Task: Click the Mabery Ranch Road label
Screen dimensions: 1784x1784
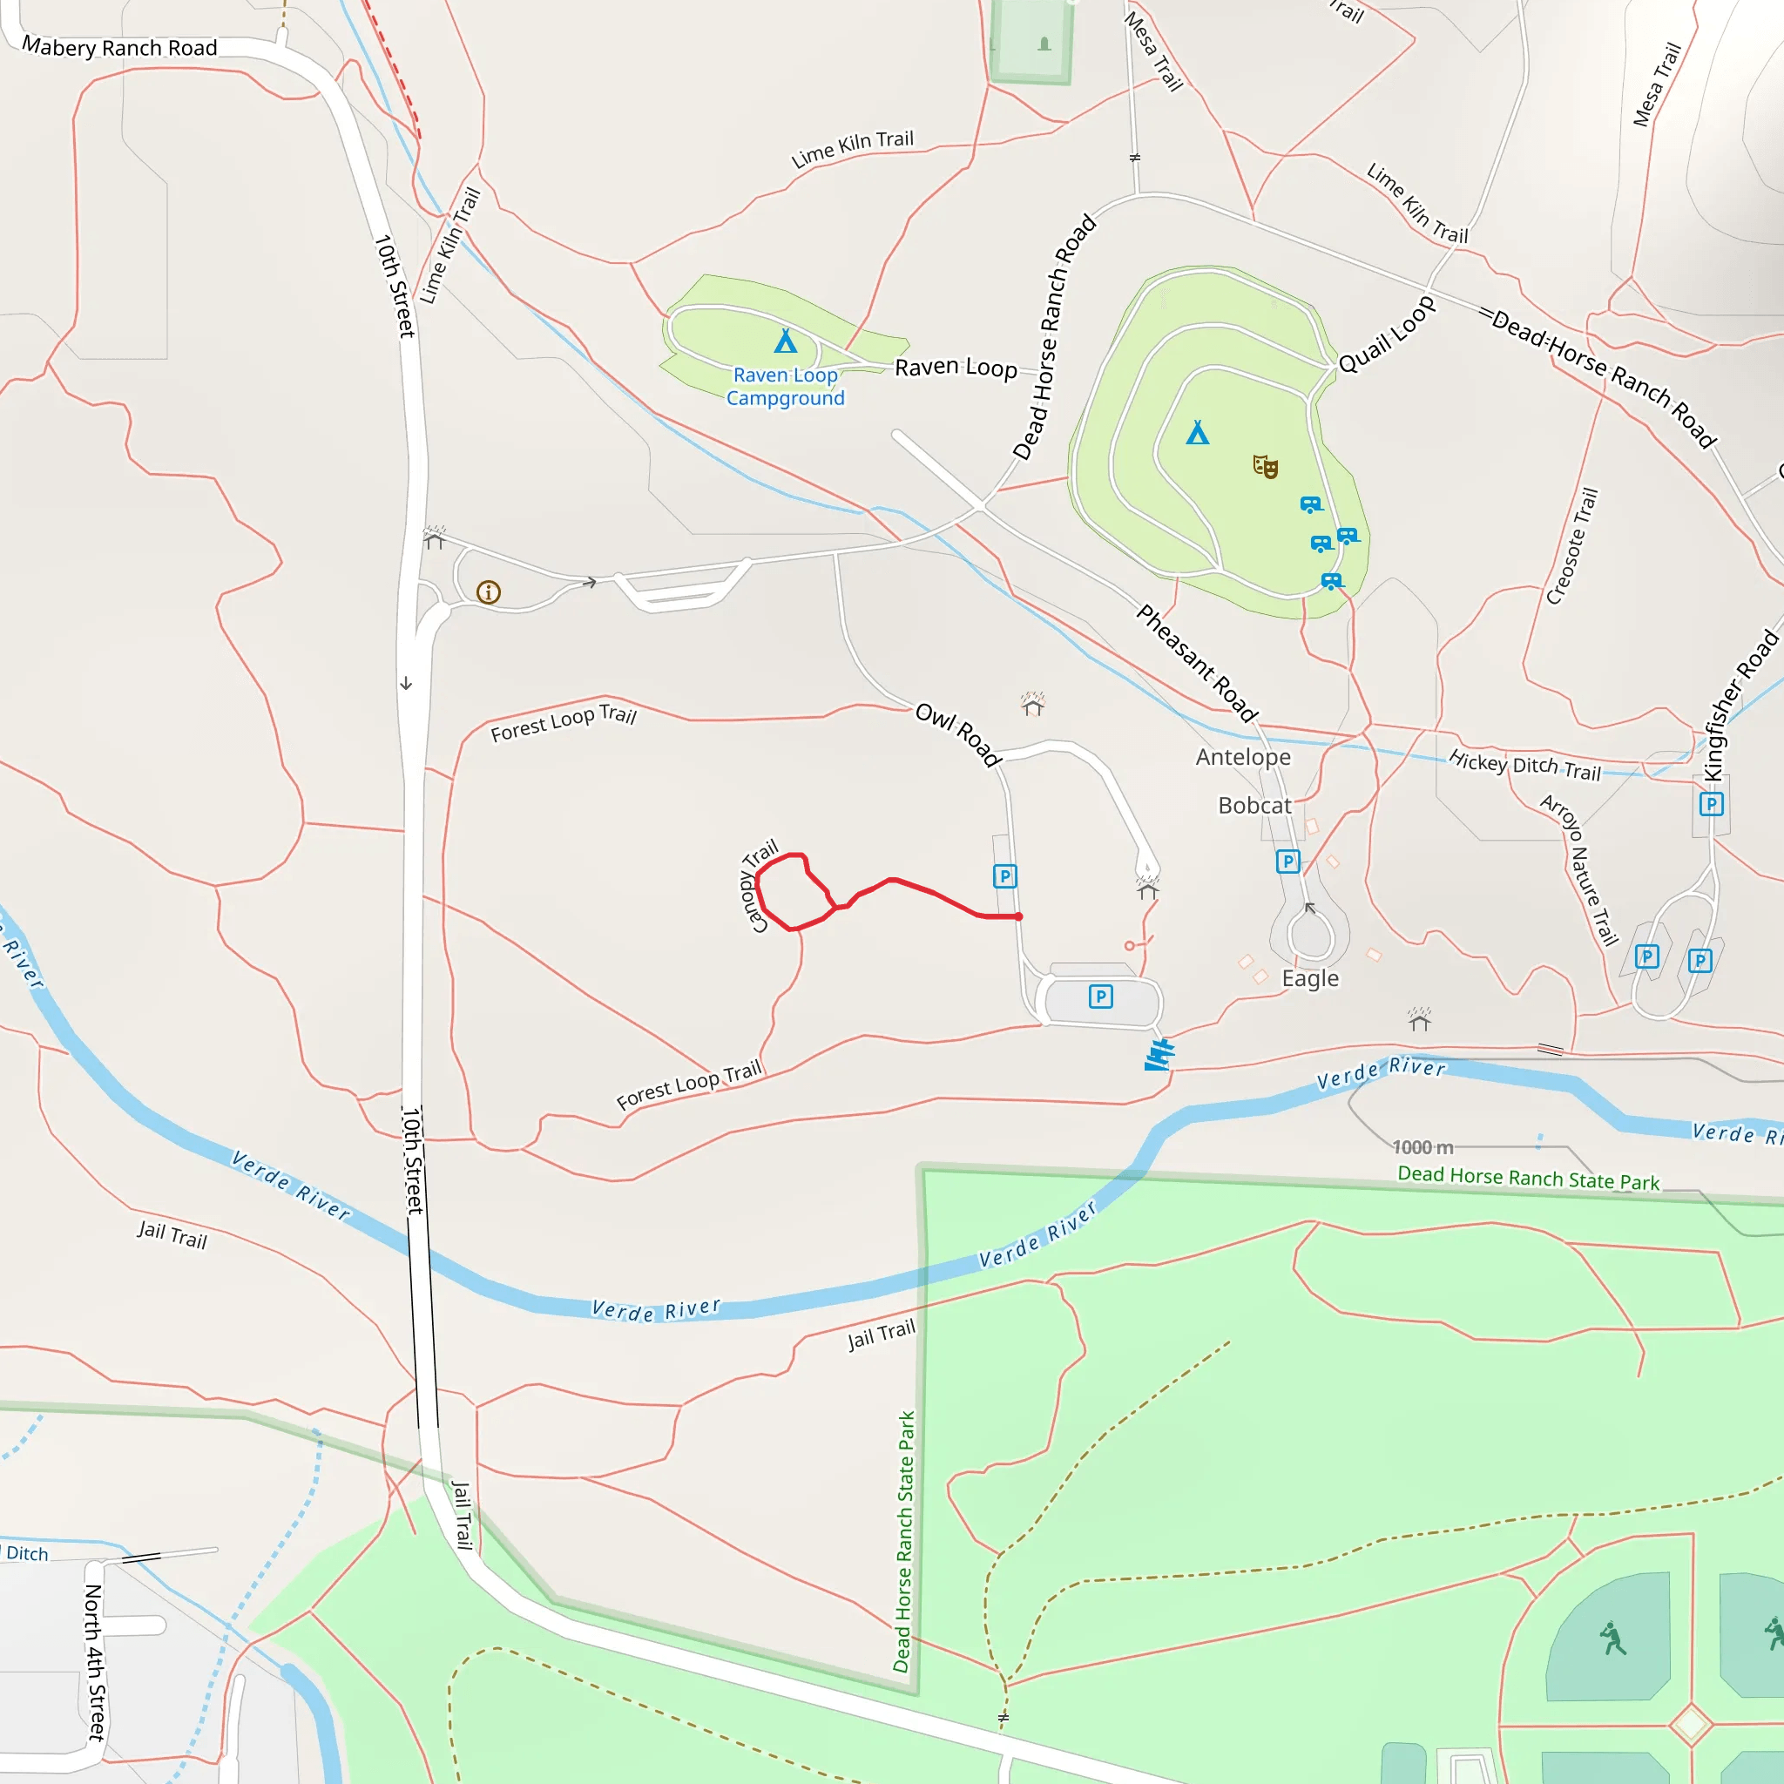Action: tap(119, 48)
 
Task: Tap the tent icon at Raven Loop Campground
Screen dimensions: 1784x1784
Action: tap(785, 341)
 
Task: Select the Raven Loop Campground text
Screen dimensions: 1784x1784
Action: tap(785, 387)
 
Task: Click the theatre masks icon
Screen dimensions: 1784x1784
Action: tap(1265, 466)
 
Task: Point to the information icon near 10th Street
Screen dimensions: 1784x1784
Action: tap(489, 591)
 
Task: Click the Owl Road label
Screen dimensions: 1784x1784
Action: tap(958, 735)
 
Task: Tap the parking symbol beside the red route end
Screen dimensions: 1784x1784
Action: tap(1004, 875)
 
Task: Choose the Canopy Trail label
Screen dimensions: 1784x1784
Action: tap(759, 886)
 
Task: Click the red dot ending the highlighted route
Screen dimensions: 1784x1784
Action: tap(1018, 917)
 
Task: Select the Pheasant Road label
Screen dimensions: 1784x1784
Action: tap(1197, 662)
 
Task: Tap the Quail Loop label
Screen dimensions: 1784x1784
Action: tap(1387, 334)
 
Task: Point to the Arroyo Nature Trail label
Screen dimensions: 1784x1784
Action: tap(1580, 870)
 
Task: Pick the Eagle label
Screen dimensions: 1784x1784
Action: tap(1310, 978)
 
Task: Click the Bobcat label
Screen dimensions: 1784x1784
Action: tap(1254, 805)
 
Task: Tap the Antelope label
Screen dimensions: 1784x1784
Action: tap(1243, 757)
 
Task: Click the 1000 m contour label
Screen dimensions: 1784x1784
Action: tap(1423, 1147)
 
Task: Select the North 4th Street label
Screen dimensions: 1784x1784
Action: tap(95, 1662)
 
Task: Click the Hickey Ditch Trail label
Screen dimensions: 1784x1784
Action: tap(1524, 765)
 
